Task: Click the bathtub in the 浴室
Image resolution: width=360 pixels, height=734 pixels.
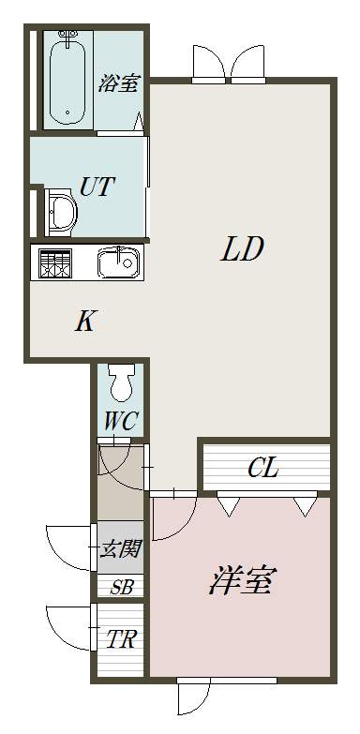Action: point(67,80)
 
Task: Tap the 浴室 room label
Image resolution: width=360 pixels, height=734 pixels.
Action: point(118,83)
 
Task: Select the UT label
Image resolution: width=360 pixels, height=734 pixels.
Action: point(97,187)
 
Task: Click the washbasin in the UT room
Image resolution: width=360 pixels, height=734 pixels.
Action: point(61,213)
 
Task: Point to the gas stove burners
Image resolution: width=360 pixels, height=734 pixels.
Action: point(55,262)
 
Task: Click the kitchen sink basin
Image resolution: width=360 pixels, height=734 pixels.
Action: point(118,262)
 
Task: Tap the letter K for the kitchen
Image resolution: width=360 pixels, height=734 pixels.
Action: point(85,322)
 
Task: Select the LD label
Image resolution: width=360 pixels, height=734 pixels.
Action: point(243,249)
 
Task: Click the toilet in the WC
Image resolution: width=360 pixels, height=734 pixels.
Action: point(120,382)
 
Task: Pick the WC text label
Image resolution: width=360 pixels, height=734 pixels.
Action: point(120,421)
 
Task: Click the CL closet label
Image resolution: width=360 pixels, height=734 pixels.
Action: point(263,468)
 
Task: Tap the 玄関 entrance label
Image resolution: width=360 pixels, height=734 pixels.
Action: point(120,548)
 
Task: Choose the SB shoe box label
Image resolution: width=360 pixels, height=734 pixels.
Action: point(122,587)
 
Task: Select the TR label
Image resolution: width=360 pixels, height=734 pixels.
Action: point(121,639)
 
